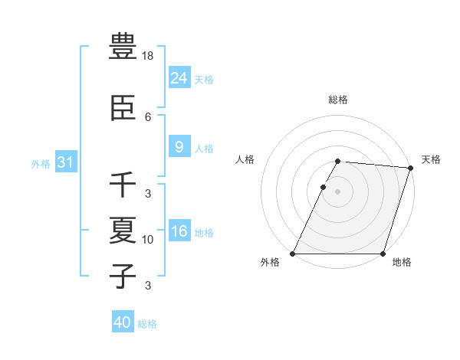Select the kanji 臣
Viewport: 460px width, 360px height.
(x=123, y=108)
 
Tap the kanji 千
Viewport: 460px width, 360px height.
(x=123, y=185)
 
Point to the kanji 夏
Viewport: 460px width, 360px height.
(x=123, y=230)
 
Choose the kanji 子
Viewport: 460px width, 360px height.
(x=123, y=276)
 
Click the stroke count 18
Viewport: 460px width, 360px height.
(x=149, y=57)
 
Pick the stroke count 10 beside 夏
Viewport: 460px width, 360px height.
(x=148, y=240)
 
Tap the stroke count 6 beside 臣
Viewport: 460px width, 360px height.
(x=148, y=117)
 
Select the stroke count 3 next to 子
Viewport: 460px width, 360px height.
(x=148, y=286)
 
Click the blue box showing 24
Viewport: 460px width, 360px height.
(x=179, y=78)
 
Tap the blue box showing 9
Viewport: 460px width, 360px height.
(x=179, y=147)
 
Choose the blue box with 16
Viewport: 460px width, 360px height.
(x=179, y=231)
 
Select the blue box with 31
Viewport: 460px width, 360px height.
(x=65, y=162)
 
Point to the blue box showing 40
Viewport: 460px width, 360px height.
(x=123, y=322)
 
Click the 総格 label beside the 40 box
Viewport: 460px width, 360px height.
(x=147, y=324)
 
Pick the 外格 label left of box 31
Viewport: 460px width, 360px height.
(x=41, y=163)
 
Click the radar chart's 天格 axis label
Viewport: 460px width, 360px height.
(x=431, y=159)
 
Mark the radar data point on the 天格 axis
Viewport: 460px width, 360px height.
(x=411, y=168)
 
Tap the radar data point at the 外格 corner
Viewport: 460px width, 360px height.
(x=293, y=254)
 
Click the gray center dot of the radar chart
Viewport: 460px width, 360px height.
(x=337, y=191)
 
